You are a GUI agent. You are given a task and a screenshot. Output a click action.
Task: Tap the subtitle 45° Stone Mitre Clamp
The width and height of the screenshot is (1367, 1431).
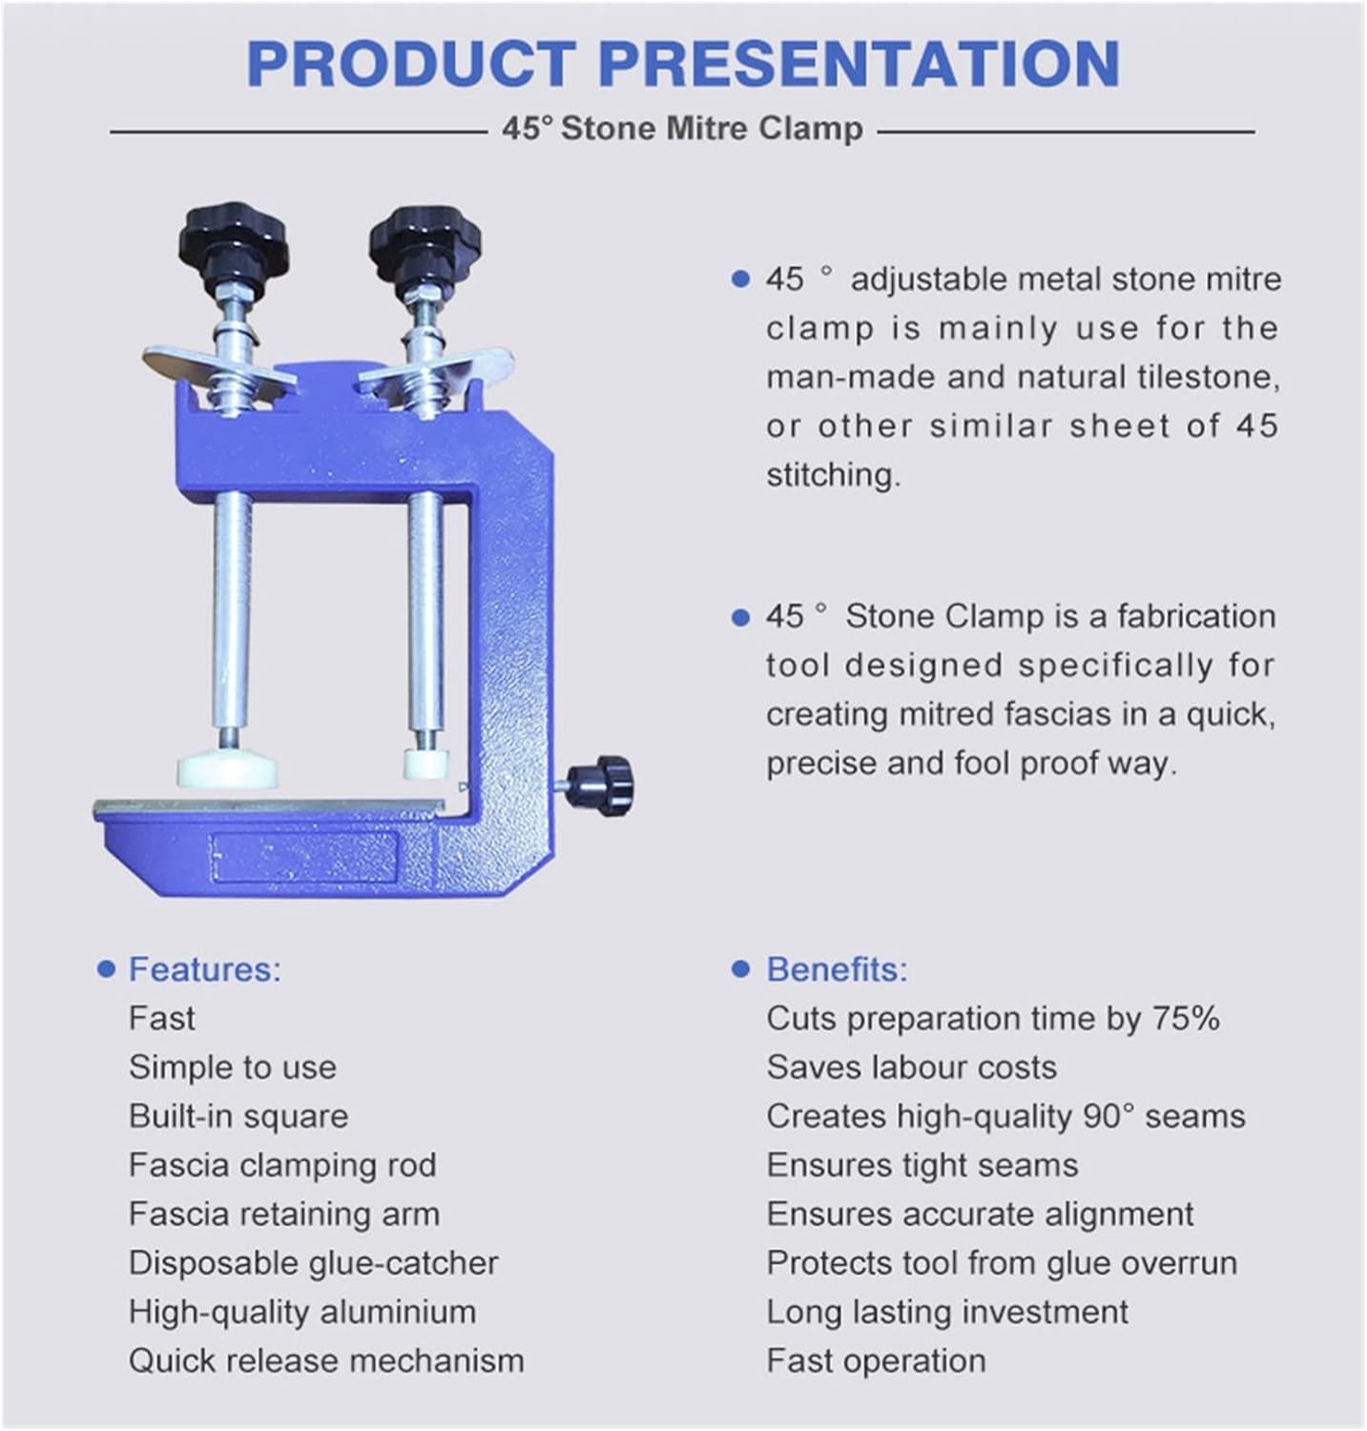tap(682, 129)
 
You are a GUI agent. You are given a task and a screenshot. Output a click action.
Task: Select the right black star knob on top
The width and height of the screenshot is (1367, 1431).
tap(425, 237)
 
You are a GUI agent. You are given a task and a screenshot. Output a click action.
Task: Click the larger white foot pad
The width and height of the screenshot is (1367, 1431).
tap(227, 770)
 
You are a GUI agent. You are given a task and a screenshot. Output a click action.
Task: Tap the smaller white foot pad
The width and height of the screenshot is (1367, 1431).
tap(425, 762)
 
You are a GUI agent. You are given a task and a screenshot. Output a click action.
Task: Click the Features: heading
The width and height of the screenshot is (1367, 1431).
tap(205, 969)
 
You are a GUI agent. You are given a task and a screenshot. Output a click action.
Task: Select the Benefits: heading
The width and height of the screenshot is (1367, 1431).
tap(837, 969)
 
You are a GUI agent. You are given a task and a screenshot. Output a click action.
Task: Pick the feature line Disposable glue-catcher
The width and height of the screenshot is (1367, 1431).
tap(313, 1263)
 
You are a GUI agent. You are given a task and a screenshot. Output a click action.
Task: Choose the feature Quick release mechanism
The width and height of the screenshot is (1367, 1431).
tap(326, 1360)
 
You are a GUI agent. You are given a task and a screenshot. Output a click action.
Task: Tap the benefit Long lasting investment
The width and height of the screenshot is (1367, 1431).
tap(947, 1312)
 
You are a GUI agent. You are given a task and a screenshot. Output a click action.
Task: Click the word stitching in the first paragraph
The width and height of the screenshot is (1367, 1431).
tap(833, 475)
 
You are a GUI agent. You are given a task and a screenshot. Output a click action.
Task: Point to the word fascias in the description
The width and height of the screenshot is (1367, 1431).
tap(1049, 715)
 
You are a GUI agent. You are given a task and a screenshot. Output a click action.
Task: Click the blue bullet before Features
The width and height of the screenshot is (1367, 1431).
tap(107, 970)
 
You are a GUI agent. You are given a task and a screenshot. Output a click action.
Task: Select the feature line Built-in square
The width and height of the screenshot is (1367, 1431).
tap(238, 1116)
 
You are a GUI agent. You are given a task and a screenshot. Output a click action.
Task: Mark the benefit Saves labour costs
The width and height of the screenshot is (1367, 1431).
tap(911, 1068)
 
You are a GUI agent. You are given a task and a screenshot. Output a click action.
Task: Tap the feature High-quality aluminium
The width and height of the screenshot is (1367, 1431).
tap(301, 1312)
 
